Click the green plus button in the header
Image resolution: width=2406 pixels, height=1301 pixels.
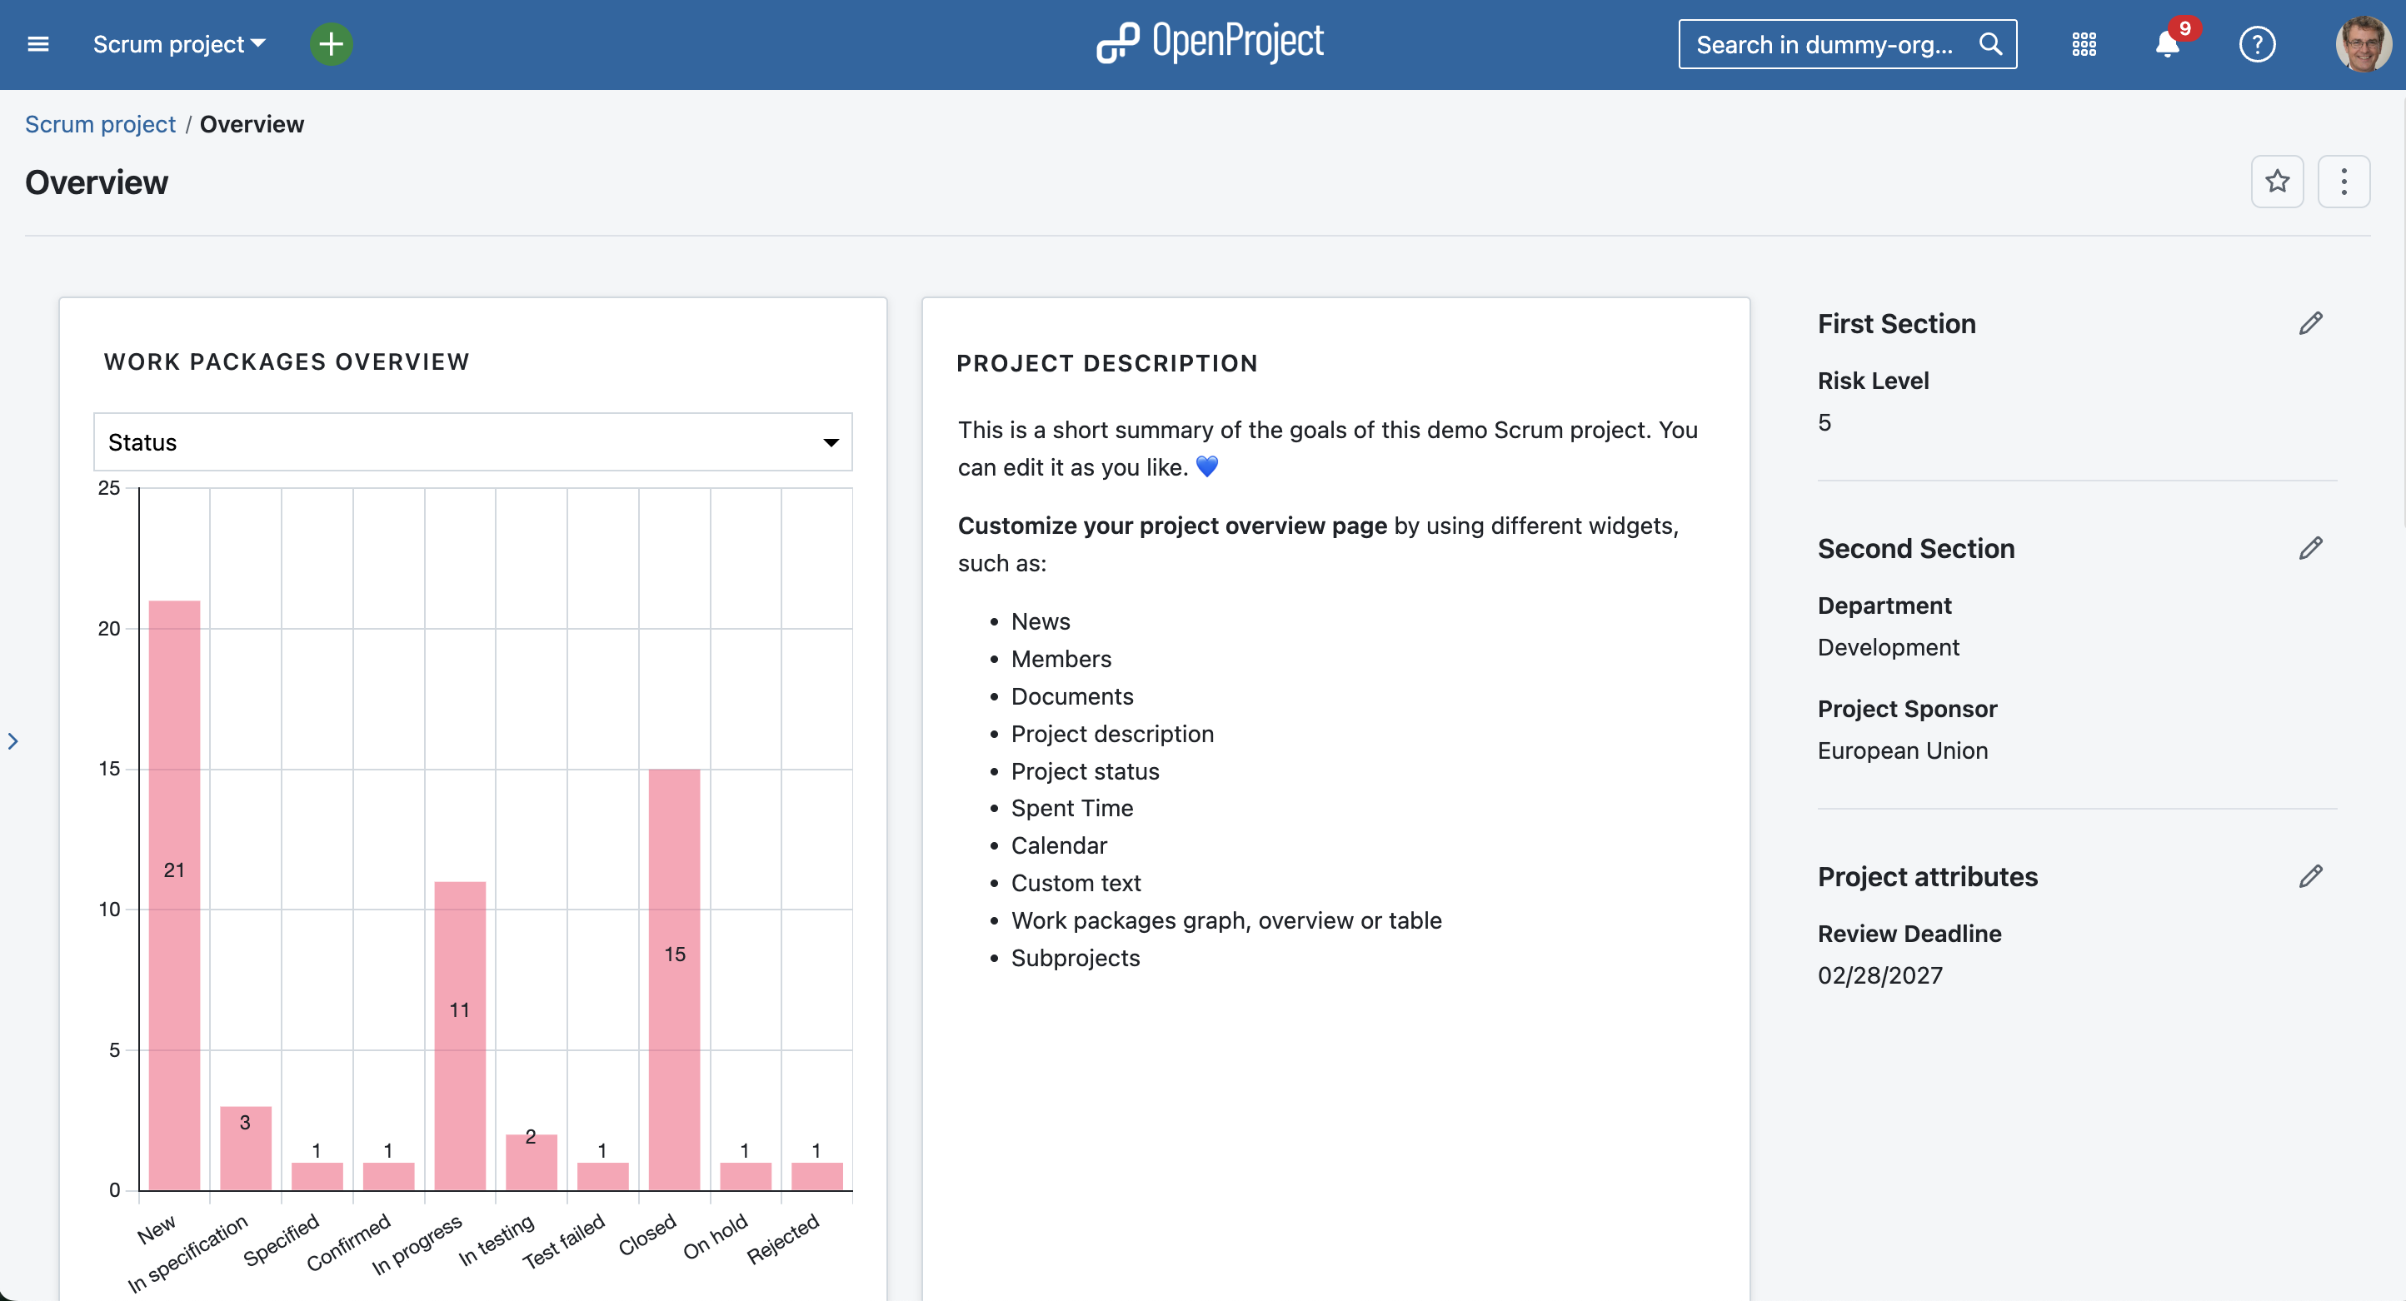coord(331,44)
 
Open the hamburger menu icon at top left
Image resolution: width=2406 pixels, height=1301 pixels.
coord(38,44)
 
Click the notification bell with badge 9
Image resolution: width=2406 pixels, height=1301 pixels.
coord(2167,44)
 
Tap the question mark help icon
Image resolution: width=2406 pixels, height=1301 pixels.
coord(2257,44)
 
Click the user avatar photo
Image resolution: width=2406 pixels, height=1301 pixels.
coord(2362,44)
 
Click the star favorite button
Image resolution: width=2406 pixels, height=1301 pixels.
coord(2277,182)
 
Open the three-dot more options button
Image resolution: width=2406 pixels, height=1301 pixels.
coord(2344,182)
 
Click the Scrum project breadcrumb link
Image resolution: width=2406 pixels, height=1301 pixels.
coord(100,124)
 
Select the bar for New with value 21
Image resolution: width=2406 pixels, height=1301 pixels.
coord(175,895)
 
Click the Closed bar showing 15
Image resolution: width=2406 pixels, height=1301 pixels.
coord(674,979)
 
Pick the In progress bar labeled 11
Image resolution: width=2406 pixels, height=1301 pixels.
coord(460,1034)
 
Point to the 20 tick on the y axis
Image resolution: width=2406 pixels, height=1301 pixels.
coord(109,629)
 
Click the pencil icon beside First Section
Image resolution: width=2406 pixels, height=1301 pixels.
coord(2311,324)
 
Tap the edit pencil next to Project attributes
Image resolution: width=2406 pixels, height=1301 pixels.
coord(2311,877)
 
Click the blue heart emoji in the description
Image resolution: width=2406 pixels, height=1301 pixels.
coord(1206,467)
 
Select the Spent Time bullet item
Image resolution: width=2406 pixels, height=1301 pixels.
coord(1072,808)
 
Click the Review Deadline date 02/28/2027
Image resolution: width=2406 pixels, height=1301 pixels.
coord(1879,975)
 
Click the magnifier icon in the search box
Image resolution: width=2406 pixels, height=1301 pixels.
coord(1990,44)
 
